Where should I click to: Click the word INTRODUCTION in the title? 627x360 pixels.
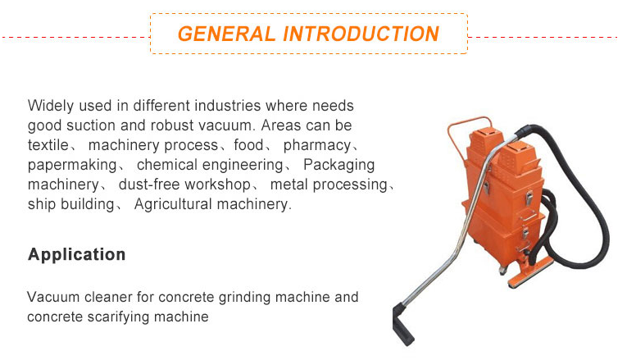[361, 34]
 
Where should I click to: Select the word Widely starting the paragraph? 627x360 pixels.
[48, 106]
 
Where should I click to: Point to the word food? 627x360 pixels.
[251, 145]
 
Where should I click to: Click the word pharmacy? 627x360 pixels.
[317, 145]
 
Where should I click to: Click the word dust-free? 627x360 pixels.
[148, 185]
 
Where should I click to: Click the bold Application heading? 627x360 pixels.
[77, 254]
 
